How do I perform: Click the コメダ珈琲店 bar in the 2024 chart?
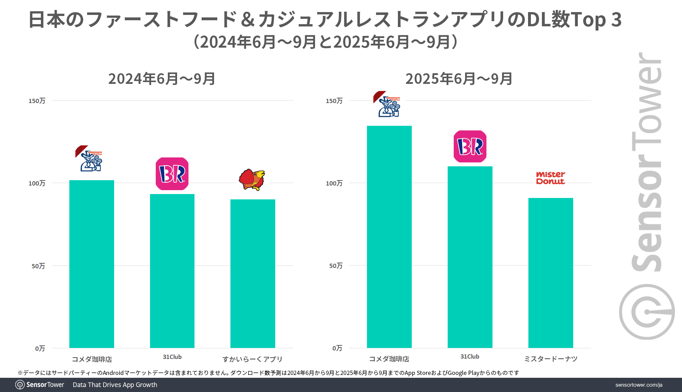click(x=92, y=264)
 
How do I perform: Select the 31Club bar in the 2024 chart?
click(x=172, y=271)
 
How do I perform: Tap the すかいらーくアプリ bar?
click(x=252, y=273)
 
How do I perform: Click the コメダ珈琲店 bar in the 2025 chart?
click(x=389, y=237)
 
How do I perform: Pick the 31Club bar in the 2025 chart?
click(x=470, y=257)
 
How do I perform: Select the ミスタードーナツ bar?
click(x=550, y=273)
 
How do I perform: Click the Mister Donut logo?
click(x=550, y=178)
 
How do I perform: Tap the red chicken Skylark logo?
click(x=252, y=179)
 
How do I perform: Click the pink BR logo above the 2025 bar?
click(x=470, y=146)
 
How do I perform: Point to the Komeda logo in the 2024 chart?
click(x=89, y=159)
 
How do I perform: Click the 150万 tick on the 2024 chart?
click(x=37, y=101)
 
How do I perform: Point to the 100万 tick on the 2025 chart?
click(x=334, y=183)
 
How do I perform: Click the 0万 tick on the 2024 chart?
click(x=40, y=349)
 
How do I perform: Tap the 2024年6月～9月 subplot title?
click(x=162, y=79)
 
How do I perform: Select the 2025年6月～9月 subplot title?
click(x=459, y=79)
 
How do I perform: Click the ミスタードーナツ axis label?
click(x=550, y=359)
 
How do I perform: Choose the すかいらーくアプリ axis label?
click(x=252, y=359)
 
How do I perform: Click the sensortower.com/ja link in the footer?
click(x=639, y=385)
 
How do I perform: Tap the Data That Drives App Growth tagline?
click(x=115, y=385)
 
